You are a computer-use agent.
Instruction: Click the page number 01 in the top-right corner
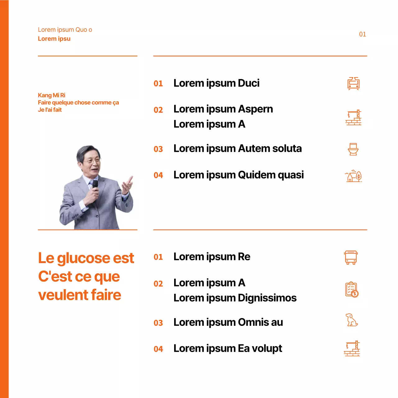363,34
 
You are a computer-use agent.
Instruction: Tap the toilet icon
353,149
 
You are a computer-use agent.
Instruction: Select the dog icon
352,320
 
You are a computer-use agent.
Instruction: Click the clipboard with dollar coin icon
352,289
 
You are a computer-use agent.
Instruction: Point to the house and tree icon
354,176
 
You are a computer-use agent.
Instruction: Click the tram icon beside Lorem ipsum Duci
354,84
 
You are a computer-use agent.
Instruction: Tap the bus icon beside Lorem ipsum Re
351,257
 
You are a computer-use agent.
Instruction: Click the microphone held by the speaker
95,185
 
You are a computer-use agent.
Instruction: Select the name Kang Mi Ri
52,95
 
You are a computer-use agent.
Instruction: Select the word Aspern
255,109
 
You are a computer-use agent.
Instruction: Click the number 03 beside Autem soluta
158,149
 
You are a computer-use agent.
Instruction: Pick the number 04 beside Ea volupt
158,349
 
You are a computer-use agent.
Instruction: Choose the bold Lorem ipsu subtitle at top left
54,39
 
